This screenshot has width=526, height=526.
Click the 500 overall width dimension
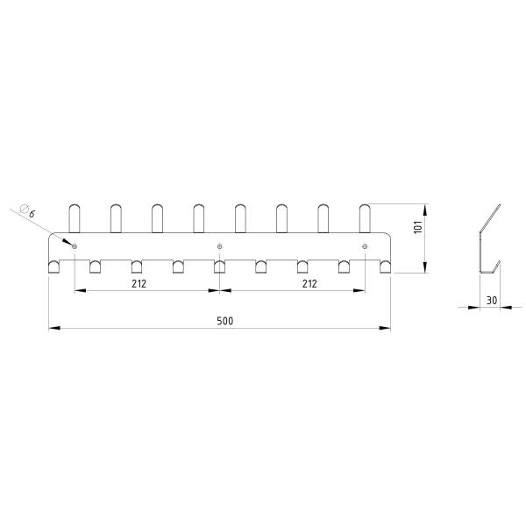click(224, 321)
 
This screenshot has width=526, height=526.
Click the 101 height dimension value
click(418, 227)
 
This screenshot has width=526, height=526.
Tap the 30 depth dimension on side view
click(492, 300)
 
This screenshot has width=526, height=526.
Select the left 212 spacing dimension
click(139, 284)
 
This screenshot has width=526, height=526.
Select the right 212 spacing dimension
click(309, 284)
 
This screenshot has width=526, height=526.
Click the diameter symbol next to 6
click(24, 209)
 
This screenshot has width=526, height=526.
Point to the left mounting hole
click(75, 246)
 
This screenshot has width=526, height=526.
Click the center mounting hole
click(219, 246)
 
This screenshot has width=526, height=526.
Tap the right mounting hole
click(365, 246)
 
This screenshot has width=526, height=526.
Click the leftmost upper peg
click(75, 218)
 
